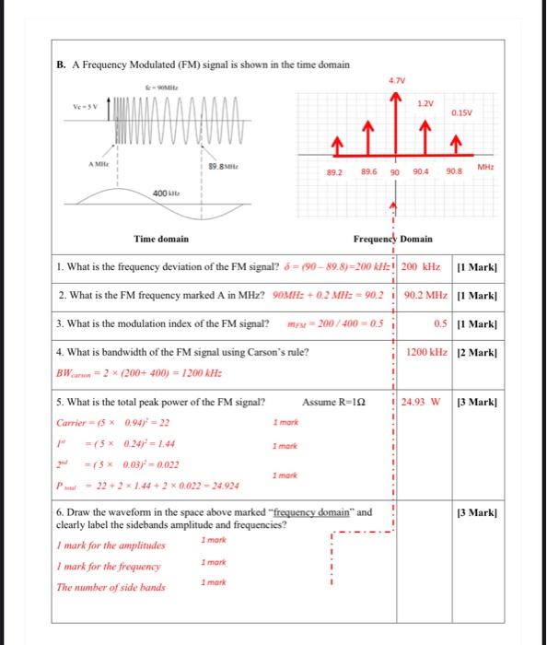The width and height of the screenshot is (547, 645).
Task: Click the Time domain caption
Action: tap(161, 239)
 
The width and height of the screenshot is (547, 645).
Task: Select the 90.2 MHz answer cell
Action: tap(425, 296)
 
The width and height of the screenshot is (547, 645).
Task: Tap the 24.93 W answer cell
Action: tap(422, 402)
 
